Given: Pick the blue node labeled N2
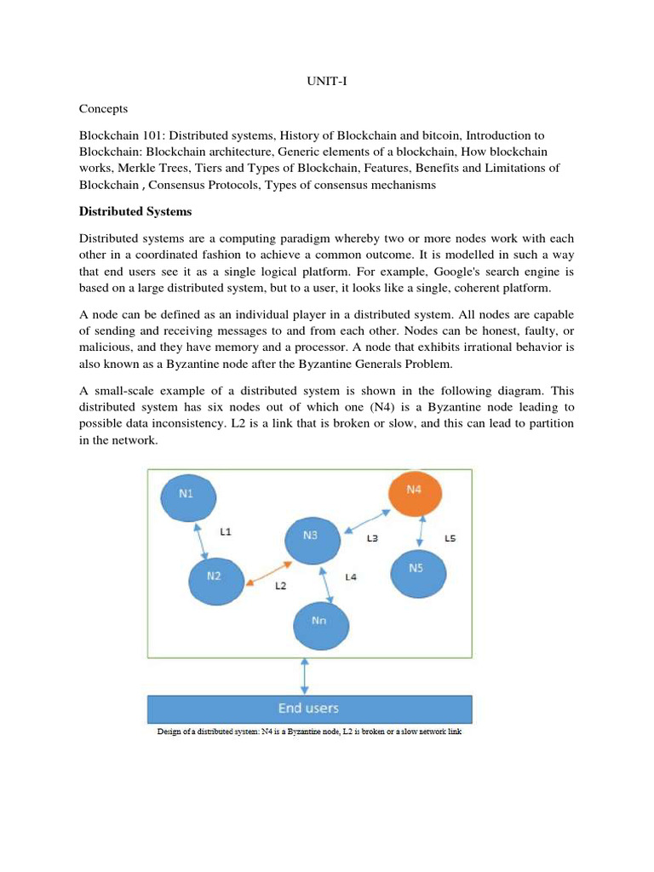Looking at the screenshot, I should click(x=215, y=576).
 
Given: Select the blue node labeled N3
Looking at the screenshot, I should click(x=311, y=536).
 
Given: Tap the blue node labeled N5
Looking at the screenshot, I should click(x=417, y=569).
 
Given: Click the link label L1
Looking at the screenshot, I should click(x=227, y=532).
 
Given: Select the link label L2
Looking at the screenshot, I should click(x=281, y=586).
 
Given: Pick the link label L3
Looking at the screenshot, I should click(x=373, y=538).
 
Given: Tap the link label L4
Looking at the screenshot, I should click(x=351, y=577).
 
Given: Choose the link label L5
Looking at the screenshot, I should click(x=452, y=538).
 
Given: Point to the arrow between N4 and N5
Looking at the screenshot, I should click(x=419, y=530).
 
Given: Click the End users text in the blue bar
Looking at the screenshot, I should click(x=308, y=708).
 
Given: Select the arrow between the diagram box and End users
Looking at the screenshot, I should click(x=305, y=676).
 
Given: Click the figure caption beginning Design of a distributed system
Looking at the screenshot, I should click(x=309, y=731).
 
